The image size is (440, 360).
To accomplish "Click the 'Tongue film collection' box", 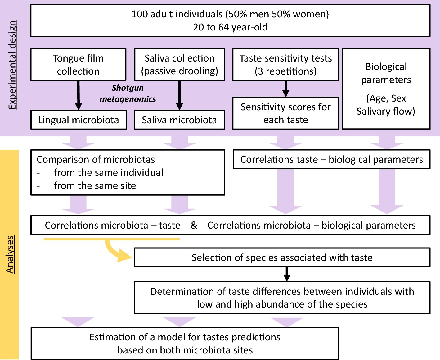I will click(x=78, y=65).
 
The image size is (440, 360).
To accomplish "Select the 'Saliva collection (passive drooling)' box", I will click(x=179, y=65).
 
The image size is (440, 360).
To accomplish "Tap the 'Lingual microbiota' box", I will click(x=79, y=120).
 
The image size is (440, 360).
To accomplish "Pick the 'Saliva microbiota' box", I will click(x=179, y=120).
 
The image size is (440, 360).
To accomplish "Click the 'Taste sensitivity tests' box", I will click(x=285, y=65).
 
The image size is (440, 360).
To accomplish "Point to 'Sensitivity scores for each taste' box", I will click(x=285, y=113).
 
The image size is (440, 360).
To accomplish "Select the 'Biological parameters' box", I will click(x=386, y=89).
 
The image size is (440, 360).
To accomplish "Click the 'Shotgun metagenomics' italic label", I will click(x=128, y=93).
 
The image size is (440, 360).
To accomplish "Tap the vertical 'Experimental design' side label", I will click(x=12, y=65).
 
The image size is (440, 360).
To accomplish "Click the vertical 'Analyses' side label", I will click(x=10, y=254).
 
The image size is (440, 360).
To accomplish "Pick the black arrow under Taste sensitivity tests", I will click(x=286, y=89).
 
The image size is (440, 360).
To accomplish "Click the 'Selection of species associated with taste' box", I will click(x=282, y=257).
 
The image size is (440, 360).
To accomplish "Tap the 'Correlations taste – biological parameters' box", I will click(x=331, y=159).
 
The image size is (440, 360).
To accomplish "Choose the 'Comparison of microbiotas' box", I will click(x=128, y=172).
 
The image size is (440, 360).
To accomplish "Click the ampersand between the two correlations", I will click(x=194, y=225).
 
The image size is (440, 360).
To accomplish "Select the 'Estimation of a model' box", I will click(x=185, y=344).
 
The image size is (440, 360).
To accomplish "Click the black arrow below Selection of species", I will click(x=287, y=274).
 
